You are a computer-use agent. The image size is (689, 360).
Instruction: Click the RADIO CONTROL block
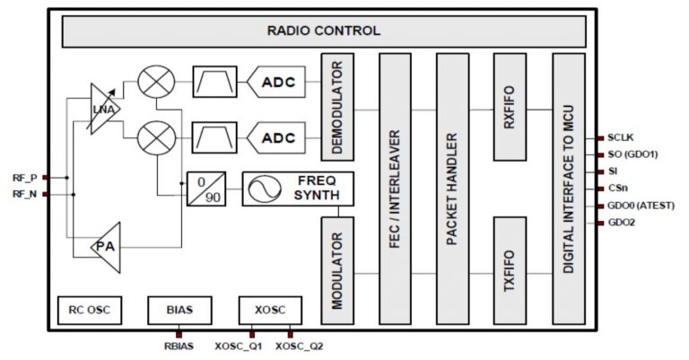[323, 31]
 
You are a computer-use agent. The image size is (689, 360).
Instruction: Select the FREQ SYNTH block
[297, 189]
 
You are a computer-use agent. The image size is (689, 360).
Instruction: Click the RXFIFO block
[509, 107]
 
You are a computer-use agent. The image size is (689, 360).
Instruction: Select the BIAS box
[179, 311]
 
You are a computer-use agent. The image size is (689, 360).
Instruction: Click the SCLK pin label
[621, 138]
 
